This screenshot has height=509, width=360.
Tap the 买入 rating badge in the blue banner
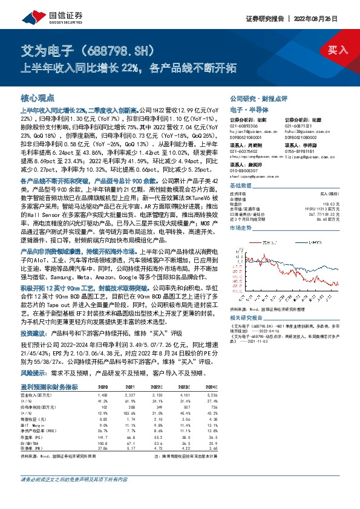[338, 51]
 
